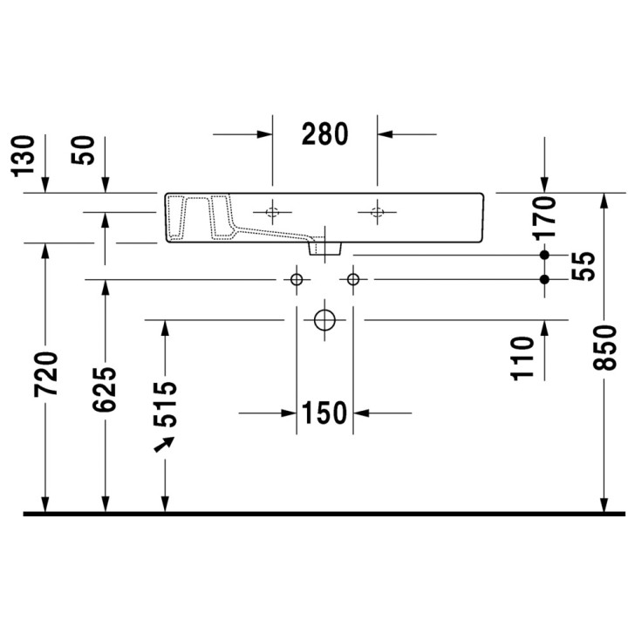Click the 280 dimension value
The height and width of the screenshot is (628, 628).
click(x=324, y=133)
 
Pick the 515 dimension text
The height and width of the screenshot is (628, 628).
click(x=165, y=403)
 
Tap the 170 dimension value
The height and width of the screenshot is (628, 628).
click(x=545, y=218)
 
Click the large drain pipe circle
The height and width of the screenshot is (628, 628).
click(x=324, y=319)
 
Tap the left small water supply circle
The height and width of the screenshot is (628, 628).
click(x=297, y=279)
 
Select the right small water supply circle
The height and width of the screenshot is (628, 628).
click(x=353, y=279)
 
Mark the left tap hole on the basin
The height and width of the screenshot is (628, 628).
click(x=273, y=212)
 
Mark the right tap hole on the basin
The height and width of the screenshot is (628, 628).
click(x=378, y=212)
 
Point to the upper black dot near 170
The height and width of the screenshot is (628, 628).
click(x=545, y=254)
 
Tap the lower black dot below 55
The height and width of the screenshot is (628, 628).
click(x=545, y=279)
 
